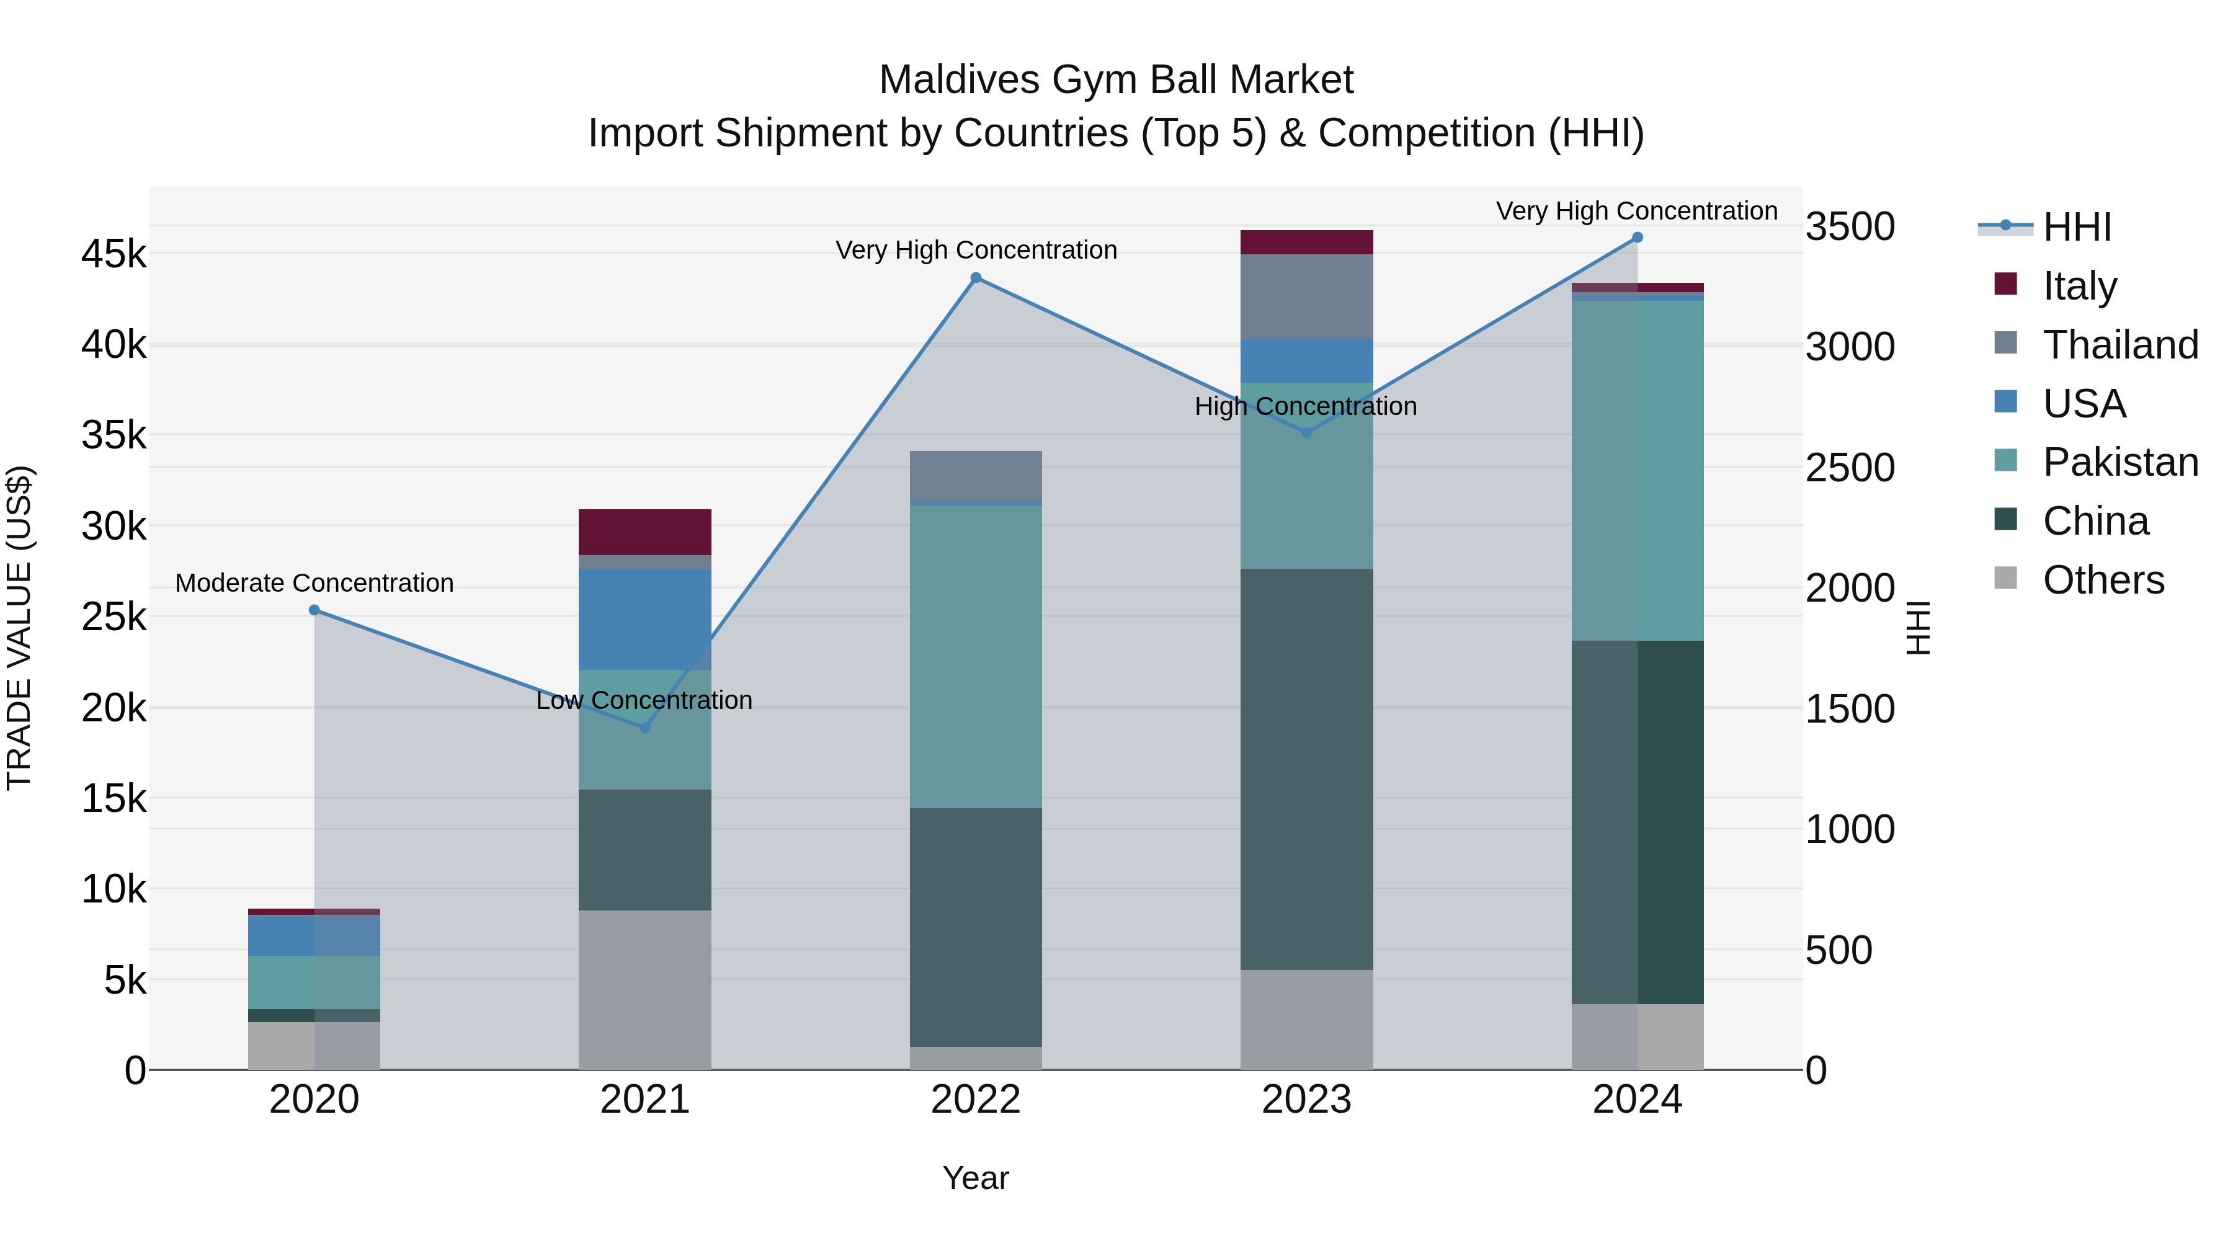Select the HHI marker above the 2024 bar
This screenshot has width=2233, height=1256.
click(1637, 238)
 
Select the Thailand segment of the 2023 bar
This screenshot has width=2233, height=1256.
click(1306, 296)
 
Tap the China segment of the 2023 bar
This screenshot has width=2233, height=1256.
click(1306, 769)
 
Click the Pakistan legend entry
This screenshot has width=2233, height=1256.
click(2119, 462)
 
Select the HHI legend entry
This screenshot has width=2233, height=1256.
click(2076, 227)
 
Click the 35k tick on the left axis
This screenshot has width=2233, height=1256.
click(114, 435)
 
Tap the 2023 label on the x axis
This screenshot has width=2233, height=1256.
click(1306, 1100)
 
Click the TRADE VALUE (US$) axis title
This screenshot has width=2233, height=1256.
click(19, 628)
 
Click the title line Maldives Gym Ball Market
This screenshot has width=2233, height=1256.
click(1116, 80)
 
